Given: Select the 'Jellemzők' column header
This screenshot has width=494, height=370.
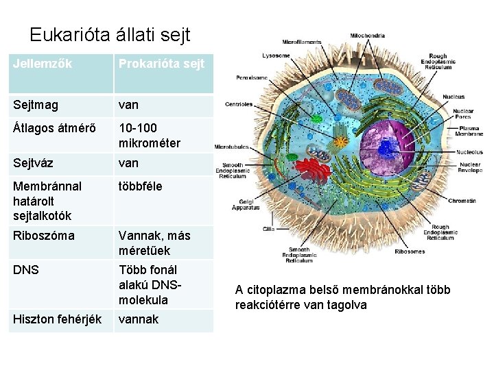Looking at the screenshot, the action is coord(43,64).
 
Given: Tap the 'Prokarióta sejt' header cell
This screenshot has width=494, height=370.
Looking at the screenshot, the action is coord(161,64).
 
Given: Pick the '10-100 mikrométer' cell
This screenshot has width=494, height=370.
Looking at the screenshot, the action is coord(150,136).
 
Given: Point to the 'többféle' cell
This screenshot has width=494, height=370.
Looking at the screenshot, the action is coord(141,186).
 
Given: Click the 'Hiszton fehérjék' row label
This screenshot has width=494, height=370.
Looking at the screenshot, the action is coord(57,319).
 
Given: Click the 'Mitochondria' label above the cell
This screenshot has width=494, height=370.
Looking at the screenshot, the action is coord(368,36).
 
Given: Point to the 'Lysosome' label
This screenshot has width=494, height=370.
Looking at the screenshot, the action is coord(276,56).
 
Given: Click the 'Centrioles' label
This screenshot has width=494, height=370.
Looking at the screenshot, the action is coord(239,105).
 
